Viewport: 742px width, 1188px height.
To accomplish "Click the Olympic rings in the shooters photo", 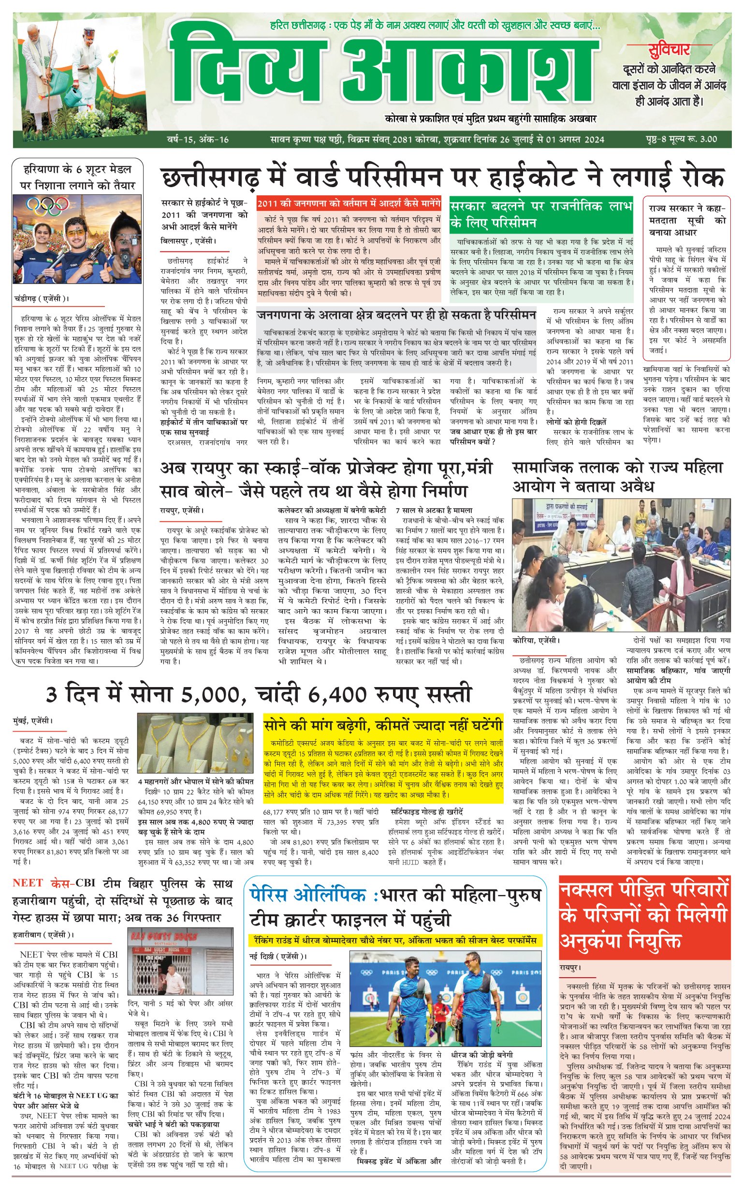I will (x=47, y=205).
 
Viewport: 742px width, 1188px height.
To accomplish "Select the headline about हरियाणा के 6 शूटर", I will (x=77, y=177).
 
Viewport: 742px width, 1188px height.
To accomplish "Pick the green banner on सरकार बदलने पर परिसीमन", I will (x=541, y=215).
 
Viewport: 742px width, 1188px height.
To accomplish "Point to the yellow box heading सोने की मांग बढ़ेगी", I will (x=383, y=725).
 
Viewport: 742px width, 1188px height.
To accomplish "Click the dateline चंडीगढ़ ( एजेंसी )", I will (x=41, y=298).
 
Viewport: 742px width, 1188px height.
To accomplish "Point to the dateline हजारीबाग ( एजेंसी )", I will (x=43, y=935).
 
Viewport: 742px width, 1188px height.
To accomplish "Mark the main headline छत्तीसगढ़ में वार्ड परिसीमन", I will (x=442, y=177).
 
